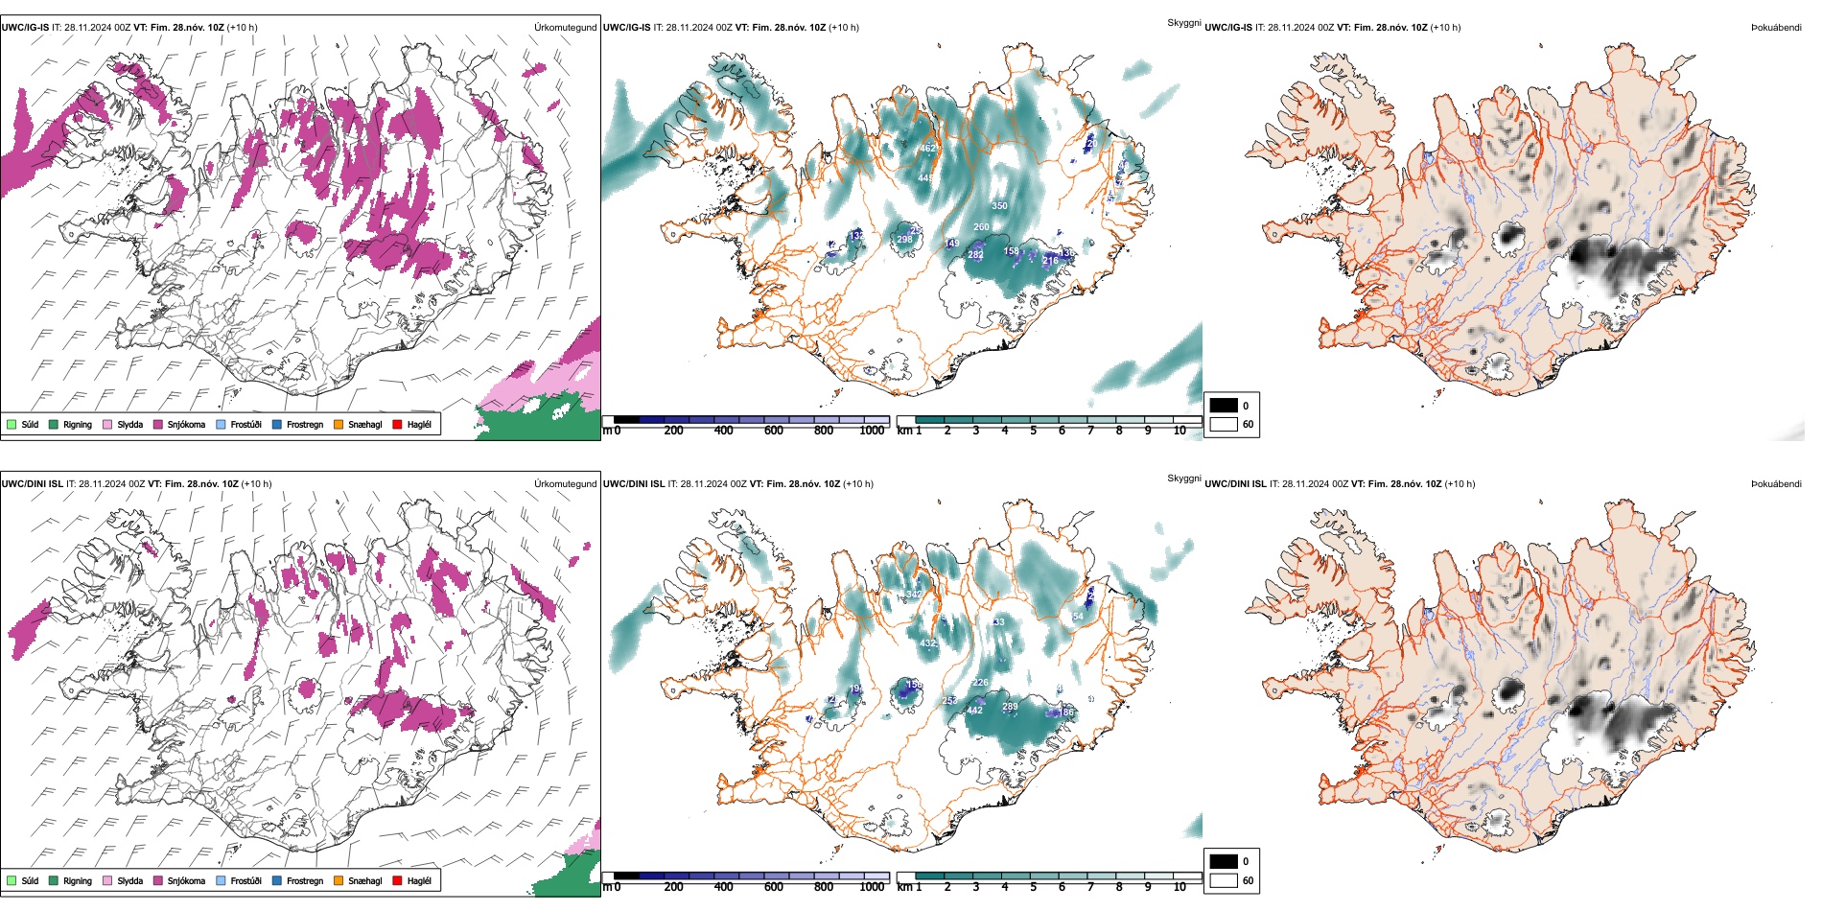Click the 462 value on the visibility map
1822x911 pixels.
[x=927, y=149]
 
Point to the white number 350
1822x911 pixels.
[x=999, y=206]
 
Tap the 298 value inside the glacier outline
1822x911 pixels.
[x=904, y=240]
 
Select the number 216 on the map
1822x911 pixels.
[x=1050, y=261]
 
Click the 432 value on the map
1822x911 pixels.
[x=927, y=643]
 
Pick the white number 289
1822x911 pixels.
[x=1010, y=708]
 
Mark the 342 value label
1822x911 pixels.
[x=913, y=595]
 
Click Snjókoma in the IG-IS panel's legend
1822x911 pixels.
[x=186, y=425]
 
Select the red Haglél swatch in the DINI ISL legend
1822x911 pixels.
[x=397, y=880]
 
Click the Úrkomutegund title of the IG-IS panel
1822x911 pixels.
[x=565, y=28]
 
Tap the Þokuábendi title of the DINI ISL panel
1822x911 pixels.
[x=1776, y=484]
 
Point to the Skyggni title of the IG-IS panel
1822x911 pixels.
[x=1183, y=23]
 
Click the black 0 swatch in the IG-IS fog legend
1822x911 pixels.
[x=1224, y=406]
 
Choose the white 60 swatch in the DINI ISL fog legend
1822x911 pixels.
[x=1224, y=880]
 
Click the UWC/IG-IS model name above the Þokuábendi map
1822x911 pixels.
[x=1228, y=28]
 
